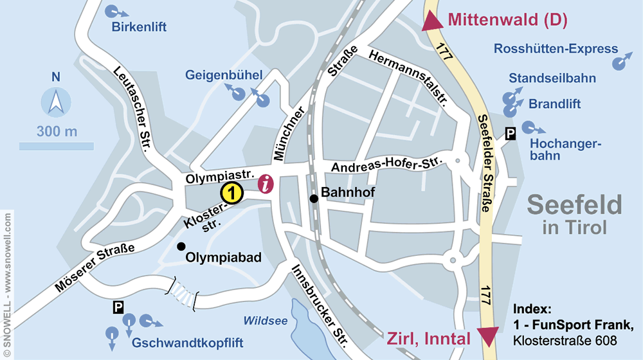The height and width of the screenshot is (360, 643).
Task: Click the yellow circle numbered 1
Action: (231, 192)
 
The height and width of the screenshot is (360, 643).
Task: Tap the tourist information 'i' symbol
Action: (266, 184)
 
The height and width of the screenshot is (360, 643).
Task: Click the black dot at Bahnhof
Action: (314, 199)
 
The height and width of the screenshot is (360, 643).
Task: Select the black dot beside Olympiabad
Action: (181, 246)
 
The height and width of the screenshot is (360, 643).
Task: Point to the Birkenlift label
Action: (139, 27)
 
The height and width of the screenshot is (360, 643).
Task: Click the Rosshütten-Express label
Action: (556, 49)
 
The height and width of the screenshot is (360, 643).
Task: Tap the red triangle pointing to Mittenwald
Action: (433, 22)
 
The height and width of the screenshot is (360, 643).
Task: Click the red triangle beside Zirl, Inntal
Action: (489, 336)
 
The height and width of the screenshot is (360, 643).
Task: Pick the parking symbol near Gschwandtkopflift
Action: (118, 308)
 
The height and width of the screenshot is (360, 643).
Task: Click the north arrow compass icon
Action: (56, 103)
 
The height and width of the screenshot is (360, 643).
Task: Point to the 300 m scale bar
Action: (57, 146)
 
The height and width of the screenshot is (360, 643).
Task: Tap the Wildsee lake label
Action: (265, 321)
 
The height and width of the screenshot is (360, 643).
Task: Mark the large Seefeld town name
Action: (574, 205)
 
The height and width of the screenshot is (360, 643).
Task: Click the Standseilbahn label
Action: (552, 78)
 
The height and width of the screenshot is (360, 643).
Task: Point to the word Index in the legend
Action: (532, 308)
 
